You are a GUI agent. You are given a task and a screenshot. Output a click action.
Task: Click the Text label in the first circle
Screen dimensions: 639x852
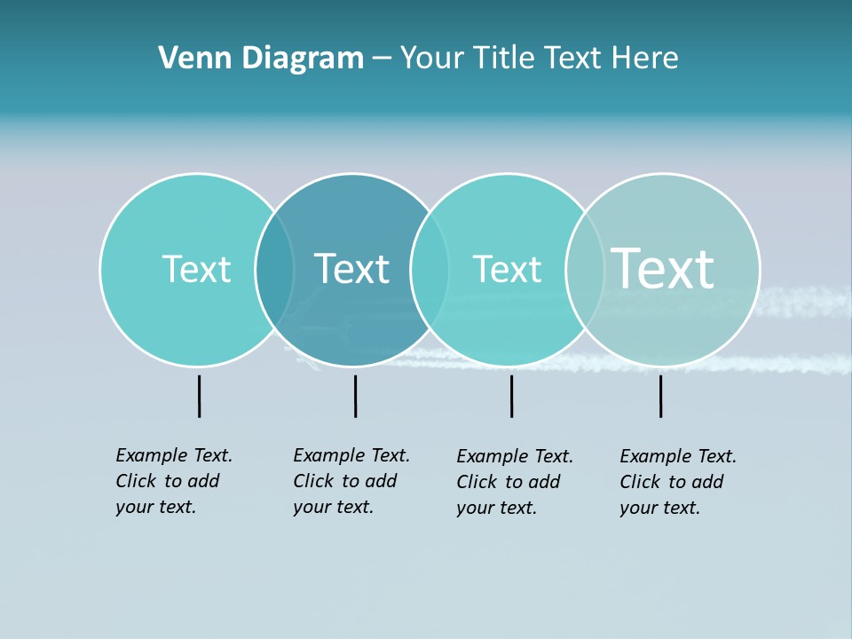click(x=196, y=269)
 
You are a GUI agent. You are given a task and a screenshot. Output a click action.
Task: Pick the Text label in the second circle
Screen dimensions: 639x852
click(x=352, y=269)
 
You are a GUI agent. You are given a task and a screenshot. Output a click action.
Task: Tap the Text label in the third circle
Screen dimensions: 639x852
click(x=507, y=269)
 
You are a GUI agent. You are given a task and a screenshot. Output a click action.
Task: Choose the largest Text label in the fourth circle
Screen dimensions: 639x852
click(x=663, y=267)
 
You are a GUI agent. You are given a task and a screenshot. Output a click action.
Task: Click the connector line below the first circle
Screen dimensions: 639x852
click(x=199, y=396)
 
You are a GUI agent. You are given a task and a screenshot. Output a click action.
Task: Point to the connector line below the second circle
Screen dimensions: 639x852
click(x=355, y=396)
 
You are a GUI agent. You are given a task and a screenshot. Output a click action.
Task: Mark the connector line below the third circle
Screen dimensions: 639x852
click(x=511, y=396)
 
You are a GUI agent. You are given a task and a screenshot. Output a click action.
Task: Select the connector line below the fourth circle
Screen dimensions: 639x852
click(x=660, y=396)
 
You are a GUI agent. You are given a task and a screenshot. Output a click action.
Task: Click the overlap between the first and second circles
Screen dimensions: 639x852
click(x=275, y=269)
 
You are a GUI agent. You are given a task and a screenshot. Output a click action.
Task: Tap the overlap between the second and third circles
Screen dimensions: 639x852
click(x=430, y=269)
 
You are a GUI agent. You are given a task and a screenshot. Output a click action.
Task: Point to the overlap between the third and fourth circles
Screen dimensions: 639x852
click(x=585, y=269)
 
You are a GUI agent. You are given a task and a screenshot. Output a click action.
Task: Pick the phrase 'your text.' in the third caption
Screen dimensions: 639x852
click(x=496, y=508)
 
